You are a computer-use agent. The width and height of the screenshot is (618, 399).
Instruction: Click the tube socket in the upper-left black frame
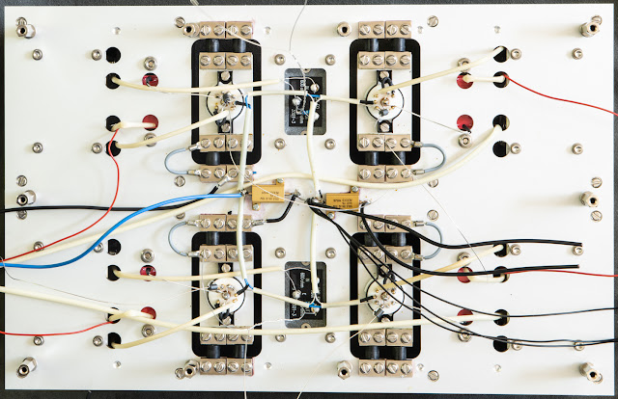click(x=226, y=100)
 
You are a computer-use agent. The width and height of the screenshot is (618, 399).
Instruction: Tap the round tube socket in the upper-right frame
click(x=383, y=100)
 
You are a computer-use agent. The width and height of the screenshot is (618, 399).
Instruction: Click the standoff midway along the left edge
click(x=30, y=198)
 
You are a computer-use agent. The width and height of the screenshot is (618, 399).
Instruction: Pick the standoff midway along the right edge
click(x=586, y=199)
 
